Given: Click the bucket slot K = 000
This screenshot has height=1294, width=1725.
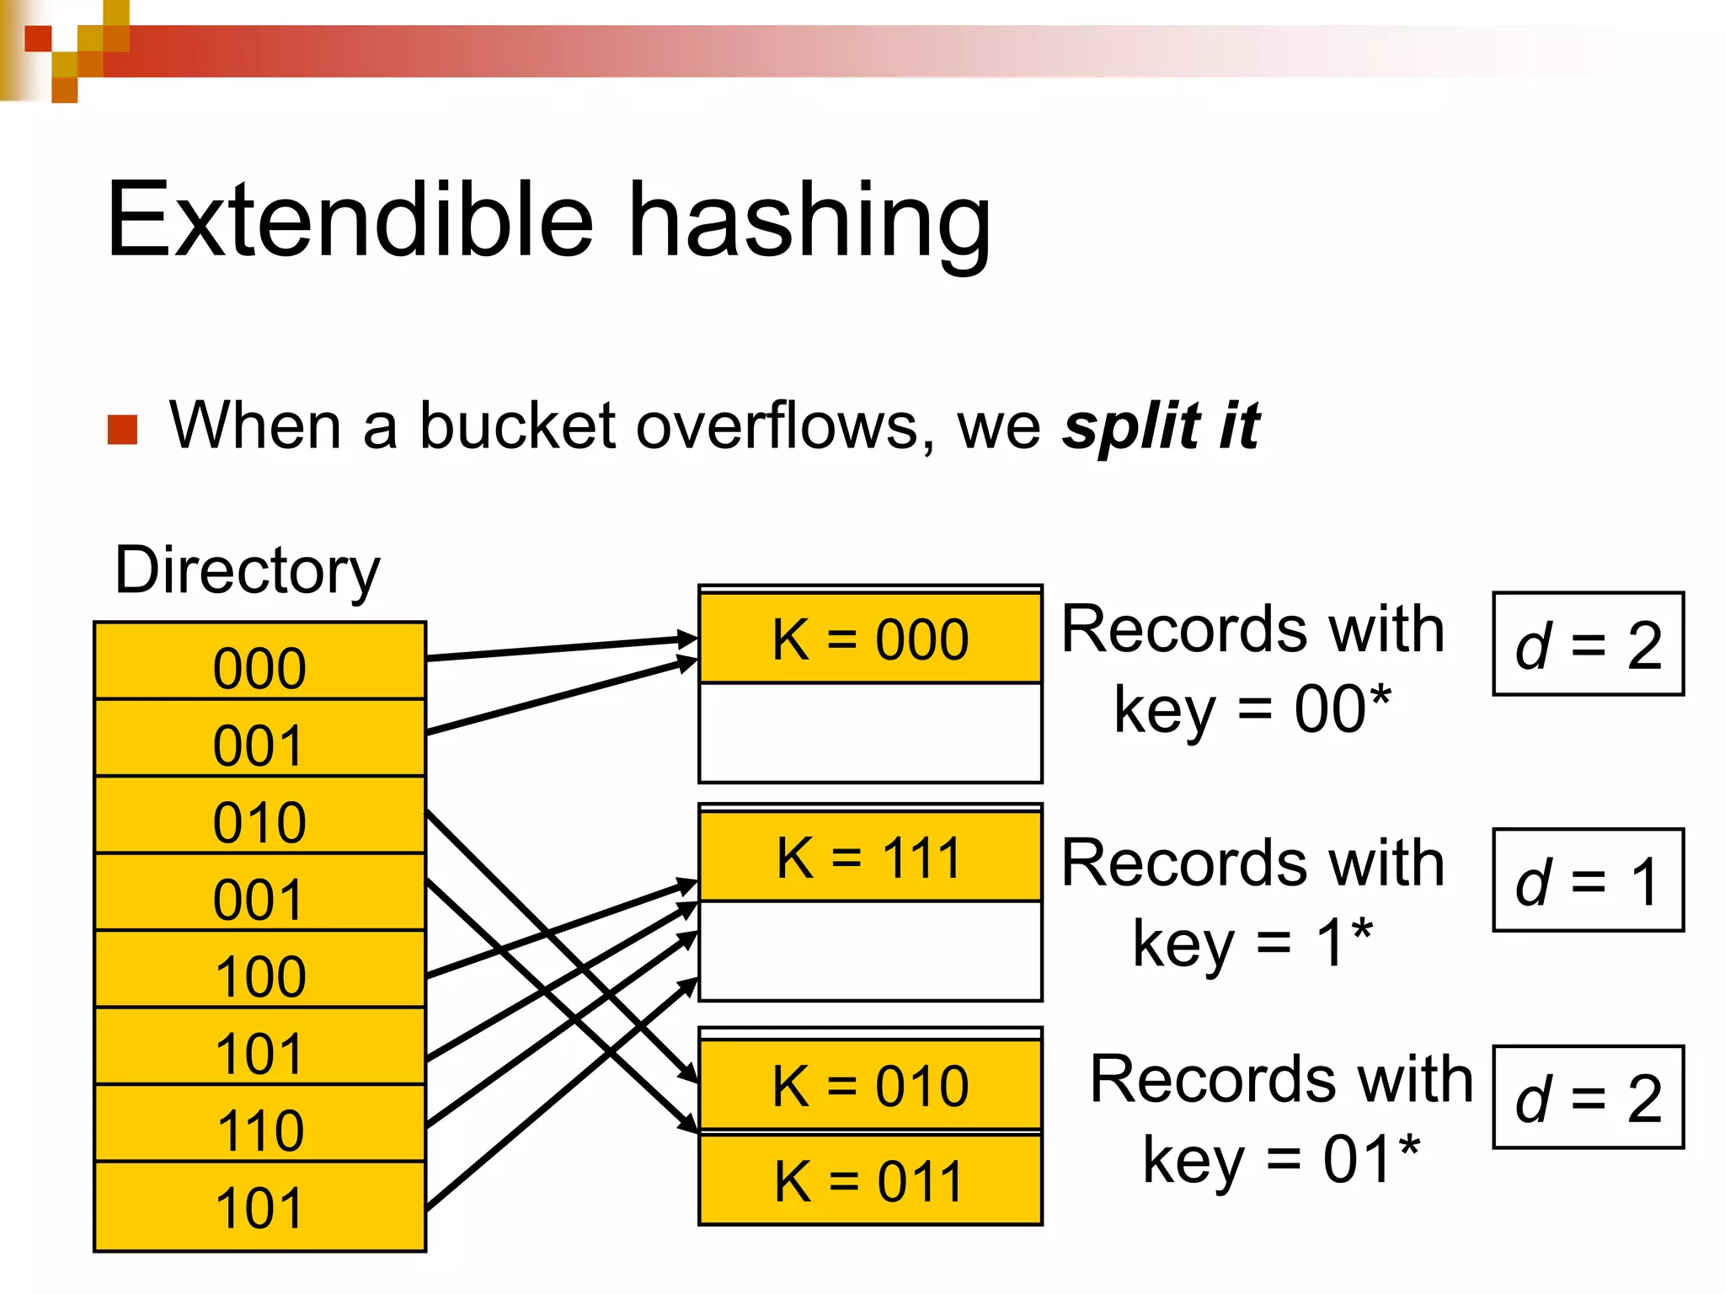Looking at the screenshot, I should pos(870,639).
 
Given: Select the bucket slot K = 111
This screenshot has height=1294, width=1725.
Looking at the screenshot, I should pos(870,858).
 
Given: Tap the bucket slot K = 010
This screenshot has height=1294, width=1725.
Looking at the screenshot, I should pos(870,1085).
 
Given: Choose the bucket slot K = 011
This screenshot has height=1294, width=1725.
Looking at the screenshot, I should pos(870,1180).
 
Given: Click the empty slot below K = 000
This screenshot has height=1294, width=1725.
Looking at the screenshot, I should pos(870,732).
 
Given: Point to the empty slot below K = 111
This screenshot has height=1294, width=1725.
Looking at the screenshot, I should pos(870,950).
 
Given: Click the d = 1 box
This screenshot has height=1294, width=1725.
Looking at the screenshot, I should pos(1588,880).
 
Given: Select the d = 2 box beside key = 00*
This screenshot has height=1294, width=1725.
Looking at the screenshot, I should pos(1588,644).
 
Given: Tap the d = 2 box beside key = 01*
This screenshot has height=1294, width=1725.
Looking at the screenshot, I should pos(1588,1098).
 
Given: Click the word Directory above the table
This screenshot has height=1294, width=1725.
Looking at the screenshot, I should pos(247,571).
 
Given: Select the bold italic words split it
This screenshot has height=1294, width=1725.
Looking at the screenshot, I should pos(1161,425).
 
